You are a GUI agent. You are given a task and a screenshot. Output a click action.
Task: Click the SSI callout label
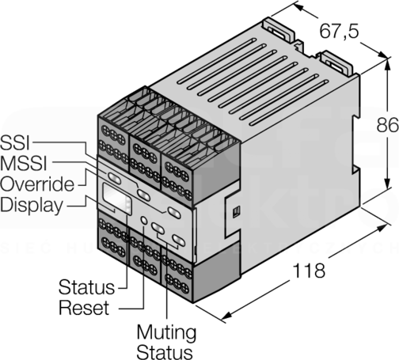click(15, 142)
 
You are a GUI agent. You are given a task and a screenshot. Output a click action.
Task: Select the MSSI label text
click(24, 163)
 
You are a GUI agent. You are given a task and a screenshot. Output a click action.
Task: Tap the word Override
click(37, 184)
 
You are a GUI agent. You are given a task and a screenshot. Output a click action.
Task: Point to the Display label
click(32, 206)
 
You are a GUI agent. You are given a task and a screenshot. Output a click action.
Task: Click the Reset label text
click(84, 308)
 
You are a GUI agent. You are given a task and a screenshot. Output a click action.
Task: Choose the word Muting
click(166, 333)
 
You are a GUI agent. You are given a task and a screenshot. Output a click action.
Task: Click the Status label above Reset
click(86, 287)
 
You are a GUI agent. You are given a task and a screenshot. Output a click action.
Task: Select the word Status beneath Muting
click(165, 352)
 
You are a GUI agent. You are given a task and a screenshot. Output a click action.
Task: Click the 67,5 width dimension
click(340, 31)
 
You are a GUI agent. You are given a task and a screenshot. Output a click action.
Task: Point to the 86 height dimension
click(387, 125)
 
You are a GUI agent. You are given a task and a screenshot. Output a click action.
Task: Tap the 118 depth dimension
click(309, 271)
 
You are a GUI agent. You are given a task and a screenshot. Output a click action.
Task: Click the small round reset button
click(144, 220)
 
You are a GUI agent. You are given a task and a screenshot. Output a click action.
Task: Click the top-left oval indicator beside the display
click(114, 178)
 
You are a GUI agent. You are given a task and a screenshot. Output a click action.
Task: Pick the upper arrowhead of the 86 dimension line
click(387, 65)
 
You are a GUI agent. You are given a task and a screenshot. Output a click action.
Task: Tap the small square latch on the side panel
click(236, 212)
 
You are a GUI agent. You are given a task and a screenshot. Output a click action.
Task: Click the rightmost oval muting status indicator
click(179, 240)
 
